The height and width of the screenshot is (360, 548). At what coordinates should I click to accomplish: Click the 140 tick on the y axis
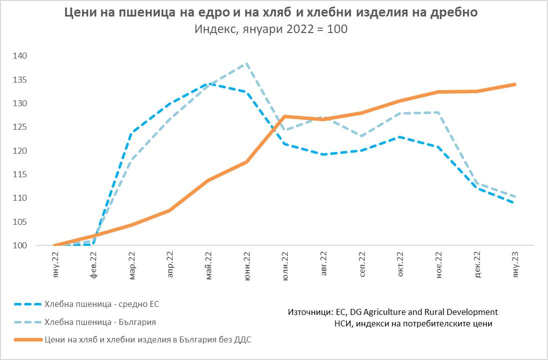pyautogui.click(x=21, y=56)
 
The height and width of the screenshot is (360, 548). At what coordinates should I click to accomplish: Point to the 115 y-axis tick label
pyautogui.click(x=21, y=175)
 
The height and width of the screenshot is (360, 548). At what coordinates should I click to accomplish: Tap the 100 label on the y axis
pyautogui.click(x=21, y=246)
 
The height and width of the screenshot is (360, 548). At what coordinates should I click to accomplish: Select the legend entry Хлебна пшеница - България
pyautogui.click(x=103, y=322)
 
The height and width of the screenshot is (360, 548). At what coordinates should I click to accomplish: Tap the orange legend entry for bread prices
pyautogui.click(x=148, y=340)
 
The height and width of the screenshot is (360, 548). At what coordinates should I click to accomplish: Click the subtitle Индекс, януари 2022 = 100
pyautogui.click(x=271, y=29)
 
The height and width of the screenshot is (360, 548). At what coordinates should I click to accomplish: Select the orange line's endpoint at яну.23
pyautogui.click(x=515, y=85)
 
